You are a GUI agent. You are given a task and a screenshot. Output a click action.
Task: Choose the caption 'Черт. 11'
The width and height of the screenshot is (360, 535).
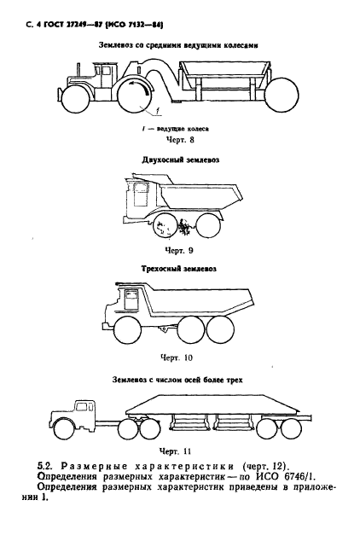[x=180, y=449]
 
